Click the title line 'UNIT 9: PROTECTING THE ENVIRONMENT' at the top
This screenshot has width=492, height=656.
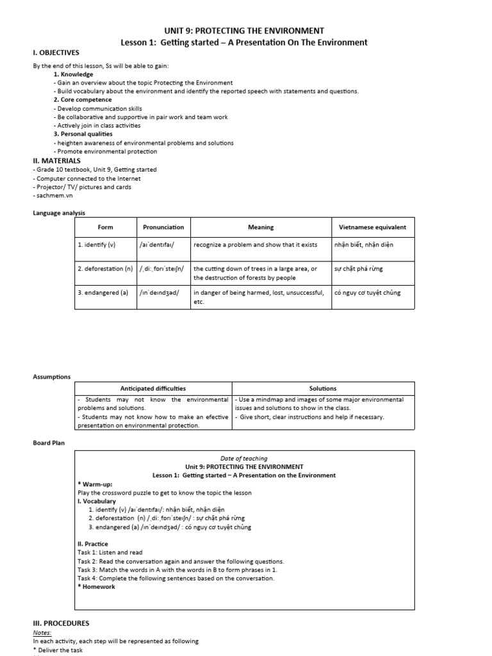245,30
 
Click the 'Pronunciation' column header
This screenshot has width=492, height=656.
162,227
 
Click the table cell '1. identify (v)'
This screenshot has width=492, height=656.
96,245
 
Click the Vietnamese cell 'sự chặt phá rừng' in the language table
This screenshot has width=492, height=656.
359,268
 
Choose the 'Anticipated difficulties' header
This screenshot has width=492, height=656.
153,388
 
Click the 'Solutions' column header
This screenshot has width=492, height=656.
323,388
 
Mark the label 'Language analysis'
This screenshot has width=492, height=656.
59,213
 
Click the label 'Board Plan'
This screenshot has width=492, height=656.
49,442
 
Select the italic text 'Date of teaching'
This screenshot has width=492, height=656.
245,459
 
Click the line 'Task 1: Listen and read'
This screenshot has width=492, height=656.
110,552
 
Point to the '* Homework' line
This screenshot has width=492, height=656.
97,587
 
